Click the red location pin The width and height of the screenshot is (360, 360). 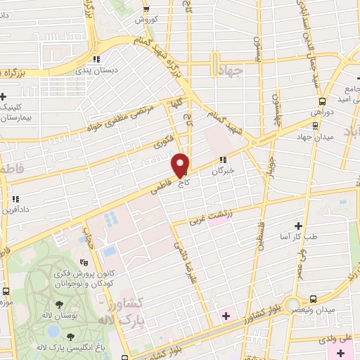click(181, 165)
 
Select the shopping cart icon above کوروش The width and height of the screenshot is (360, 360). click(146, 9)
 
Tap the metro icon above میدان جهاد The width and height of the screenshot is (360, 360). click(314, 126)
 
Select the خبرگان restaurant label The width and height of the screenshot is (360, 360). click(223, 170)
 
